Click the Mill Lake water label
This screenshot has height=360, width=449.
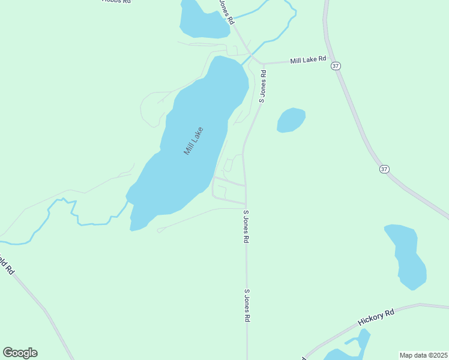pyautogui.click(x=194, y=141)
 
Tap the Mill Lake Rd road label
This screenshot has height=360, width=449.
pyautogui.click(x=307, y=60)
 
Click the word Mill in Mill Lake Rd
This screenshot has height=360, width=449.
pyautogui.click(x=297, y=61)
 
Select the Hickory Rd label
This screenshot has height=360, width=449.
pyautogui.click(x=376, y=317)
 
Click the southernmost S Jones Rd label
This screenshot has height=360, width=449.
pyautogui.click(x=247, y=306)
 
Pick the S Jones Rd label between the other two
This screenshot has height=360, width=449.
pyautogui.click(x=246, y=226)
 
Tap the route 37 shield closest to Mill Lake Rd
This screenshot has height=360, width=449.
pyautogui.click(x=336, y=66)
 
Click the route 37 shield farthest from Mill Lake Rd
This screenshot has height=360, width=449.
pyautogui.click(x=384, y=169)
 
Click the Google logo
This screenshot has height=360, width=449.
pyautogui.click(x=20, y=353)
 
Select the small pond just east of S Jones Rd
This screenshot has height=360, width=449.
pyautogui.click(x=291, y=120)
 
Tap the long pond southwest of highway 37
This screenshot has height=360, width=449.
pyautogui.click(x=406, y=255)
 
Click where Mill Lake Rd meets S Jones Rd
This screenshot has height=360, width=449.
pyautogui.click(x=263, y=64)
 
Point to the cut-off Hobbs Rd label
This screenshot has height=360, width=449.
pyautogui.click(x=117, y=2)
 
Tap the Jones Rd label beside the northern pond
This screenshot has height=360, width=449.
pyautogui.click(x=226, y=12)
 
